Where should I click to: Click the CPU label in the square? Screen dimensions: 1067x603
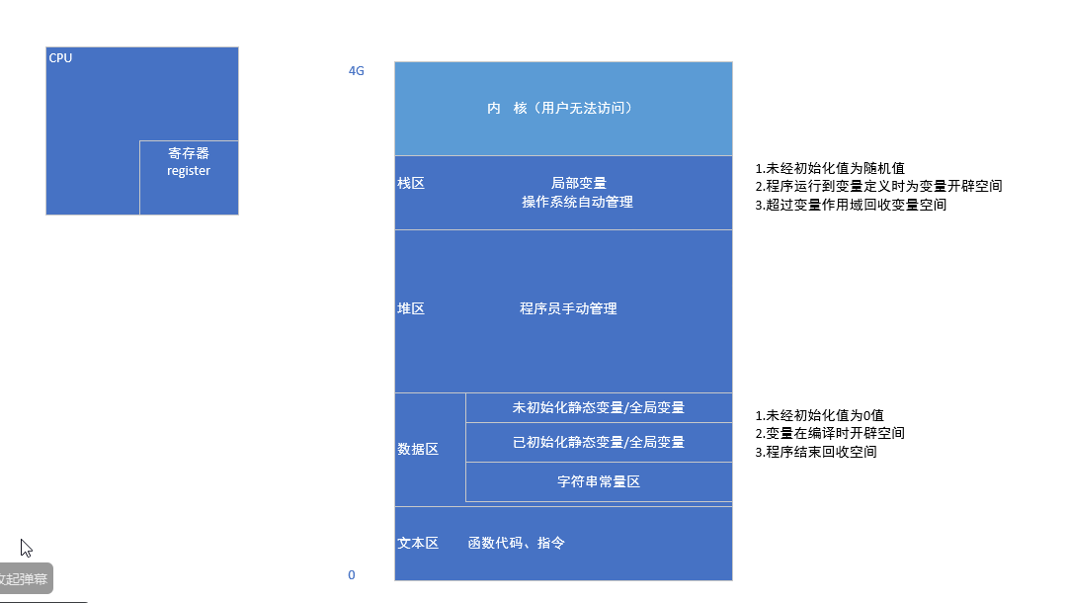pos(60,58)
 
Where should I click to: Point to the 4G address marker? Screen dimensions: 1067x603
pos(356,71)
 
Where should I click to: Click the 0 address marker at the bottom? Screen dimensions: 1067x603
pos(352,575)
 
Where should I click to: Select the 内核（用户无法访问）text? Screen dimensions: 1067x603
pos(559,108)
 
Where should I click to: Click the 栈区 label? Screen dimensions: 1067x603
pos(411,183)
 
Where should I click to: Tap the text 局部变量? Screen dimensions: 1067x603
pos(578,183)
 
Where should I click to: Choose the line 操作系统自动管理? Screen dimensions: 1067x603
pos(578,202)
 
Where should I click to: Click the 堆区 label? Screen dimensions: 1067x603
pos(411,308)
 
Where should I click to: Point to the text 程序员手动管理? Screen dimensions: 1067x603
pos(568,308)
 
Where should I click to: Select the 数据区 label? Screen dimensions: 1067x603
pos(418,449)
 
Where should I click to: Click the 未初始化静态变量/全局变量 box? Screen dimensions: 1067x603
pos(599,407)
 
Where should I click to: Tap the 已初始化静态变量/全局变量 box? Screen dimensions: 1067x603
pos(599,442)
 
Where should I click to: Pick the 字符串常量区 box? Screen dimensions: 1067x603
pos(599,482)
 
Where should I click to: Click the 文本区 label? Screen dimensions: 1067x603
pos(418,544)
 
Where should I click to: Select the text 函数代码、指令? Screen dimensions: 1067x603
pos(517,544)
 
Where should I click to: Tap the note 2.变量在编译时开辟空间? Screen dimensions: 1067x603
pos(830,433)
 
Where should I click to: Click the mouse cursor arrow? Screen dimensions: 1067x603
pos(26,547)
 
